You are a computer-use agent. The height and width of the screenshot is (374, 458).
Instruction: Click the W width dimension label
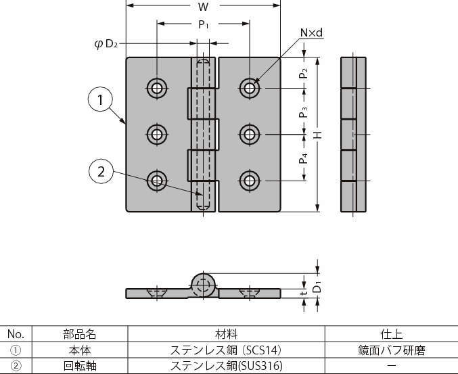coord(203,7)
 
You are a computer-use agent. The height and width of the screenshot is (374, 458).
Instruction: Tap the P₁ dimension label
coord(203,24)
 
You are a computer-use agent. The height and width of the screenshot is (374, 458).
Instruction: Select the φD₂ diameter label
coord(106,45)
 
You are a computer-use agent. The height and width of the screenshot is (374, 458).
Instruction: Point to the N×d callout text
coord(311,32)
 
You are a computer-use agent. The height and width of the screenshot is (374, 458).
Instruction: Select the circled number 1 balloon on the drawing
coord(101,101)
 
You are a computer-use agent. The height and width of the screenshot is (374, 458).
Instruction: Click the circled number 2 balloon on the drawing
coord(101,172)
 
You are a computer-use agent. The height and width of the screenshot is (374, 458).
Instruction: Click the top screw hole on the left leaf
coord(158,88)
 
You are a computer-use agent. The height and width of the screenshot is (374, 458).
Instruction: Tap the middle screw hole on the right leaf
coord(250,134)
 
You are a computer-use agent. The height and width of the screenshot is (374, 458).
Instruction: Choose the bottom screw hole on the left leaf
coord(158,180)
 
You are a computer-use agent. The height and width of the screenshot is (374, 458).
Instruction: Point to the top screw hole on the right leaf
coord(250,88)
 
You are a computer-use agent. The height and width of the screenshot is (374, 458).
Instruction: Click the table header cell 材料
coord(226,334)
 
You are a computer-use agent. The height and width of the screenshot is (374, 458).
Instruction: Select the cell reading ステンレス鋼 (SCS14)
coord(226,350)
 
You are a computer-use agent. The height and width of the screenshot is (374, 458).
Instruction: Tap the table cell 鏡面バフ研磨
coord(392,350)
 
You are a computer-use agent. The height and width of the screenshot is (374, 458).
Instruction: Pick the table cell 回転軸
coord(76,367)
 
